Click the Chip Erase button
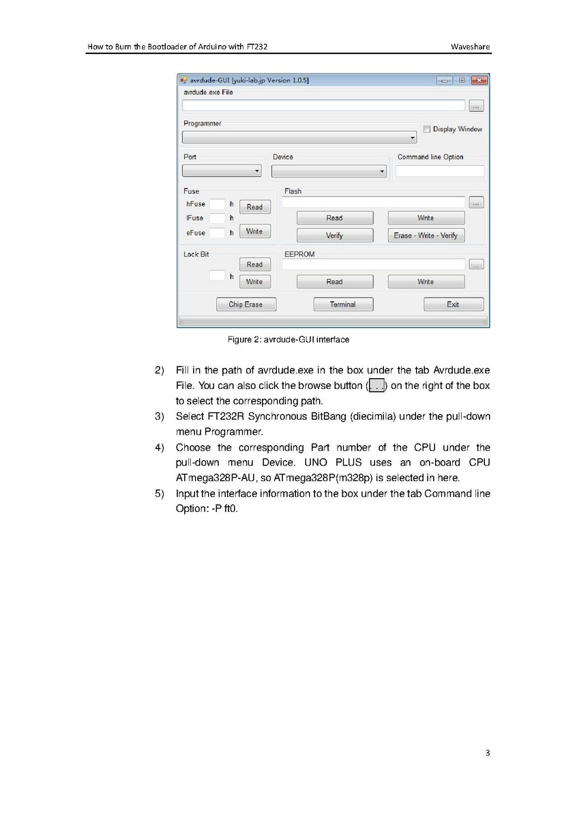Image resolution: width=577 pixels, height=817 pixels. point(245,304)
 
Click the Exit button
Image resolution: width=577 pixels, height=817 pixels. point(453,304)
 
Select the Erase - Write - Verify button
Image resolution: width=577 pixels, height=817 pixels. point(426,235)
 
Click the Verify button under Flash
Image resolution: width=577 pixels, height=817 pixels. point(334,235)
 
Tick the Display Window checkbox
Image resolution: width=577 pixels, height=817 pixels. point(426,129)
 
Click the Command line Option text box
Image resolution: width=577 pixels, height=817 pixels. point(440,171)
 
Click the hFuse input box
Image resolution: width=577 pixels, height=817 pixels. point(217,204)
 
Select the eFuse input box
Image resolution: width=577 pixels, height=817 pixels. point(217,233)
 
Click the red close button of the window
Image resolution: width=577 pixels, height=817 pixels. point(479,81)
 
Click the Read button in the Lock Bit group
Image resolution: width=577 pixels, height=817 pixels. point(254,265)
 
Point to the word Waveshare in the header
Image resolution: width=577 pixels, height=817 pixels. point(470,47)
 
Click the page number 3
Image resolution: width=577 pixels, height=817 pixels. point(487,754)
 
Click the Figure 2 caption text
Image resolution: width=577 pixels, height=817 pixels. point(288,339)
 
